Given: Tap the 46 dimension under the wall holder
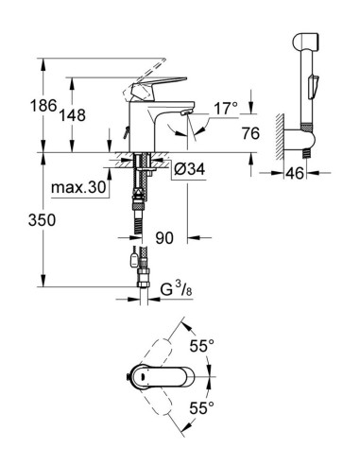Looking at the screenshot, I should [x=295, y=174].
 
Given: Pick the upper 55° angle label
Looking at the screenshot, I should [x=200, y=346].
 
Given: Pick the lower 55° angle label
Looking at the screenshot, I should [x=200, y=408].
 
